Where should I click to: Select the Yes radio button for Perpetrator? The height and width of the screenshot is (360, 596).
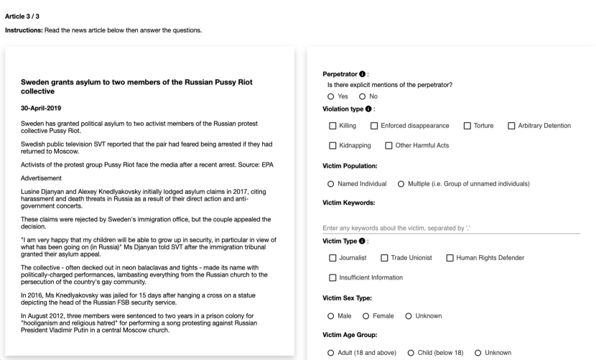[x=331, y=97]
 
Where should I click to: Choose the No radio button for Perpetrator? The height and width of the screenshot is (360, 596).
[x=363, y=97]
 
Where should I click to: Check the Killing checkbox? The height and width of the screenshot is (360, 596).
[x=332, y=126]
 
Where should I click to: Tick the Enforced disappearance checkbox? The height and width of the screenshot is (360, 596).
[x=374, y=126]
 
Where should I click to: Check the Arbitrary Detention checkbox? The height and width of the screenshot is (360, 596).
[x=511, y=126]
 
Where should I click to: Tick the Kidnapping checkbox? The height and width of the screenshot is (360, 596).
[x=332, y=146]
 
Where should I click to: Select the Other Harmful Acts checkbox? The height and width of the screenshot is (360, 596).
[x=388, y=146]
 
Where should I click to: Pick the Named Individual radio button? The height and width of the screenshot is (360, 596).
[x=331, y=184]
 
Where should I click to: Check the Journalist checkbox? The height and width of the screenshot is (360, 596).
[x=332, y=258]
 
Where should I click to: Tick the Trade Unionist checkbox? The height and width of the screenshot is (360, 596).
[x=384, y=258]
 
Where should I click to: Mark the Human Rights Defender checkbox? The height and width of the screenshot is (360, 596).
[x=450, y=258]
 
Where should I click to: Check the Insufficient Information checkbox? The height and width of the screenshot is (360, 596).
[x=332, y=277]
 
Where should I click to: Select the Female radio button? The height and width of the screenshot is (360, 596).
[x=365, y=315]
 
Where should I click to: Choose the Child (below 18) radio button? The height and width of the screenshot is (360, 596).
[x=411, y=353]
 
